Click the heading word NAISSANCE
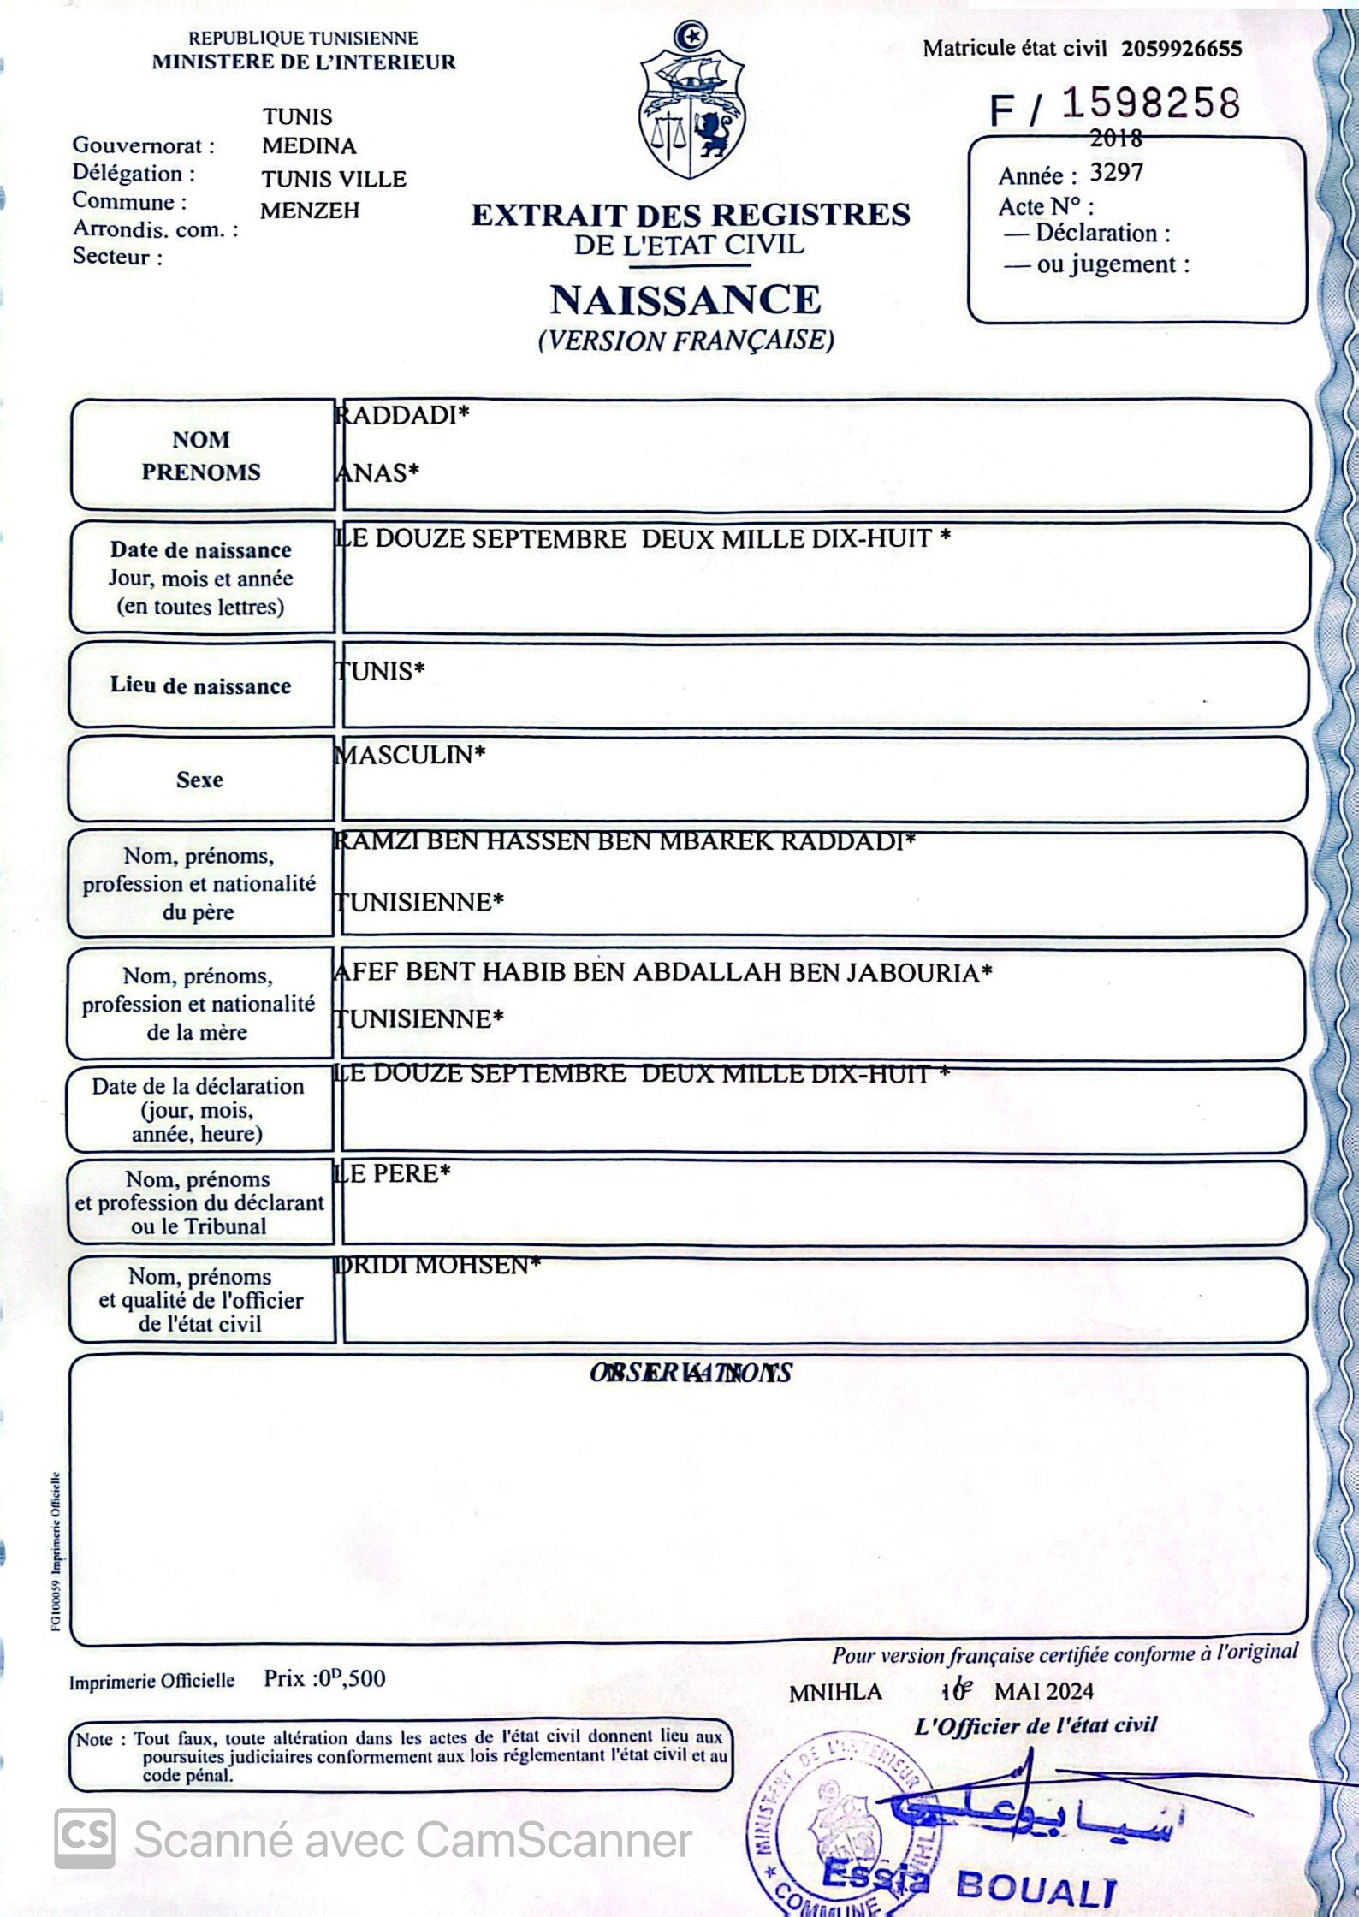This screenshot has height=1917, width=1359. point(685,300)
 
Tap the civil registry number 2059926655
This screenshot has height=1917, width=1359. point(1181,49)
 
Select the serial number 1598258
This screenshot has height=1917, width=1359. point(1150,104)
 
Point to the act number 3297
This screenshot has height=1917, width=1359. point(1116,173)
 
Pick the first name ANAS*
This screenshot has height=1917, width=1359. point(377,472)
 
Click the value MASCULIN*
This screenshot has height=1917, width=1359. point(410,755)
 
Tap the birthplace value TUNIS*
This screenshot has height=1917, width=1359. point(380,671)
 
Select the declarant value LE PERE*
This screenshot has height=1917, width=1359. point(392,1173)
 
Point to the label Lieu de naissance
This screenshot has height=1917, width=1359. point(200,685)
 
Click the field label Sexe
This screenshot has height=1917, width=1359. point(199,780)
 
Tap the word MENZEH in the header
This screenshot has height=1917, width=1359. point(310,211)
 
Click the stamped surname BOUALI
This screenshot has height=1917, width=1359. point(1036,1886)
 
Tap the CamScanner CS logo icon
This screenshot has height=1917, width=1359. point(85,1837)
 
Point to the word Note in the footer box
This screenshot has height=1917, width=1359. point(94,1739)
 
